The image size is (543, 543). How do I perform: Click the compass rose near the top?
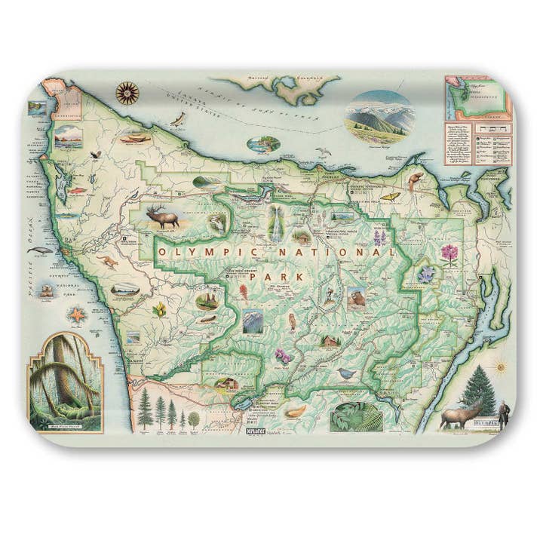[x=127, y=93]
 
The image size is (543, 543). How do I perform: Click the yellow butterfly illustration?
[x=390, y=196]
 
